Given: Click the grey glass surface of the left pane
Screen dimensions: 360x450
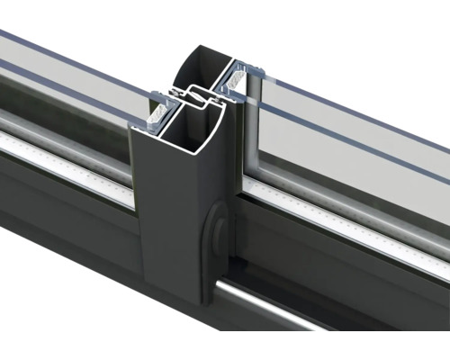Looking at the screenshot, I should tap(63, 81).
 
